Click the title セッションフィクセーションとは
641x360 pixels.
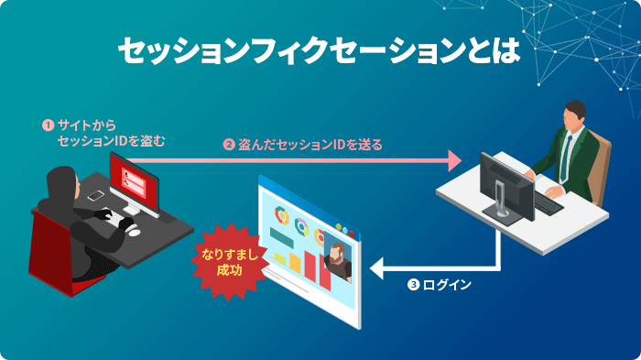[320, 51]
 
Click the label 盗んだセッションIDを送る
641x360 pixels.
[310, 145]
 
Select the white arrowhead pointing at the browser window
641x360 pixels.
[378, 269]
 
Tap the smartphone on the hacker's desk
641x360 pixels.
[95, 195]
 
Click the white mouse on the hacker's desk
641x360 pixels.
[135, 230]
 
